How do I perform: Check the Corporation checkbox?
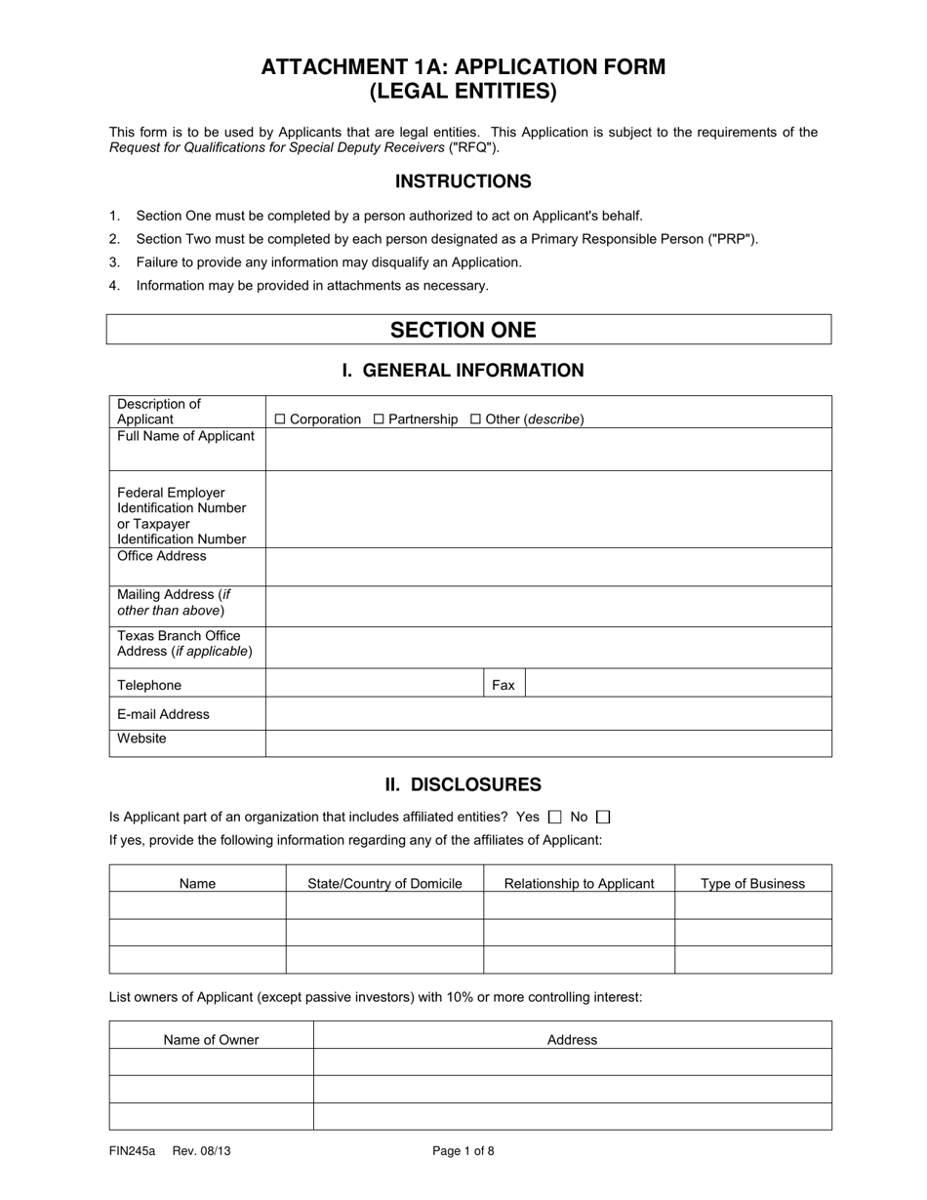(280, 420)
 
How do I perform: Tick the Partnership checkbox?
(380, 420)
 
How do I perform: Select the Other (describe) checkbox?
(476, 420)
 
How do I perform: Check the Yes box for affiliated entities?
(555, 818)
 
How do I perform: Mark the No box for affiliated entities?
(602, 818)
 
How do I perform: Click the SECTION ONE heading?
(463, 330)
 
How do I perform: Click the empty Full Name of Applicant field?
(548, 449)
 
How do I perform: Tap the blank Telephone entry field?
(375, 684)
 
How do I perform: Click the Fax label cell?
(504, 685)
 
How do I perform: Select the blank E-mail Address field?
(548, 714)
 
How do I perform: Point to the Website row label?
(142, 739)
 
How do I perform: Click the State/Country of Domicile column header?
(384, 884)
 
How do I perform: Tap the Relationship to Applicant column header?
(579, 884)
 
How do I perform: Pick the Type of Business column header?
(753, 884)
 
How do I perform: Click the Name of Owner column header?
(211, 1040)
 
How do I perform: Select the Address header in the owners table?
(572, 1040)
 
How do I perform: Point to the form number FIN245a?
(133, 1151)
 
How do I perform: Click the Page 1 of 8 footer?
(463, 1151)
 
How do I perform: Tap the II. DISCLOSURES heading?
(463, 784)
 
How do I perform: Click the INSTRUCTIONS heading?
(463, 181)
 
